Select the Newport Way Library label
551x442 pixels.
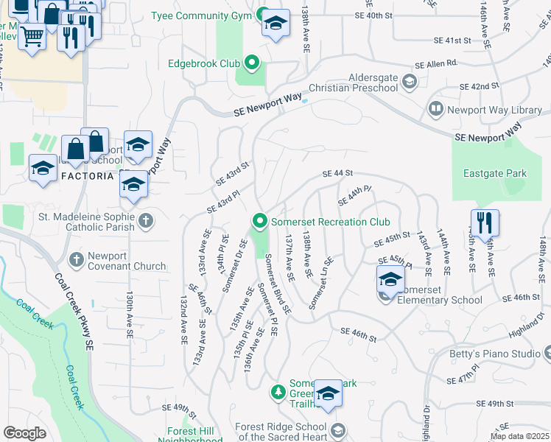[x=494, y=110]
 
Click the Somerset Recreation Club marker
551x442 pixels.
[x=259, y=221]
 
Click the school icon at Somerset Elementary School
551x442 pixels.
[x=390, y=279]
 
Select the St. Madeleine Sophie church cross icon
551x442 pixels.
[x=146, y=220]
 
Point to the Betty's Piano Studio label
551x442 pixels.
[x=495, y=354]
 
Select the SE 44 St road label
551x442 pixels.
[x=338, y=174]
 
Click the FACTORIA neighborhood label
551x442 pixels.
[x=87, y=177]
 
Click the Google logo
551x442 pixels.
[x=24, y=433]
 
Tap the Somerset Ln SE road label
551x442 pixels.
[x=322, y=283]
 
